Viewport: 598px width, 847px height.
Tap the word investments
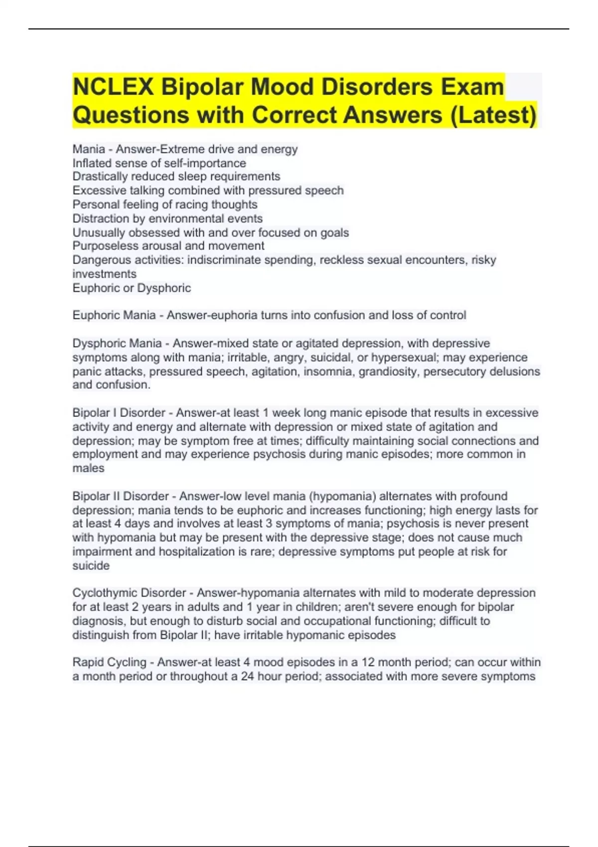pos(104,274)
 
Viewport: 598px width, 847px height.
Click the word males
pos(88,468)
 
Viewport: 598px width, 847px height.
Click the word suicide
pos(91,565)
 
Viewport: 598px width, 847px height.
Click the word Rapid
pos(88,662)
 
